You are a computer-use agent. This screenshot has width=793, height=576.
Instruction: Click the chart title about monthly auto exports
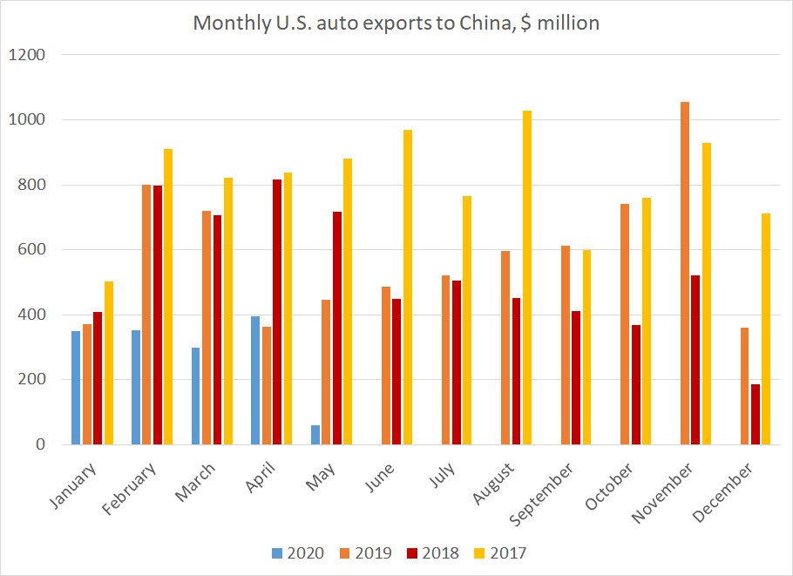pyautogui.click(x=396, y=23)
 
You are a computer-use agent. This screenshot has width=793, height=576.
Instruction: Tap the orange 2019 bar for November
pyautogui.click(x=684, y=273)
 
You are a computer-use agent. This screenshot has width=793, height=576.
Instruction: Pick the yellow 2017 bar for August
pyautogui.click(x=527, y=277)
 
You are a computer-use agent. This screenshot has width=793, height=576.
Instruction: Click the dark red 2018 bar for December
pyautogui.click(x=756, y=414)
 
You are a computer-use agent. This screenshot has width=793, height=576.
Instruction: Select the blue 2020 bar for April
pyautogui.click(x=254, y=380)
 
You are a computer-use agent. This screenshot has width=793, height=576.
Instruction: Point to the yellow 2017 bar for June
pyautogui.click(x=408, y=287)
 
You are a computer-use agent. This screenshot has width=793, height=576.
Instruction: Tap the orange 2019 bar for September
pyautogui.click(x=565, y=345)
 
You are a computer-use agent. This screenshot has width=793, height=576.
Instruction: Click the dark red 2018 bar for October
pyautogui.click(x=636, y=384)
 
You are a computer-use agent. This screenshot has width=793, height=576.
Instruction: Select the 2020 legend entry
pyautogui.click(x=298, y=553)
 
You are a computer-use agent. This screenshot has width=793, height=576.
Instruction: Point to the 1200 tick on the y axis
pyautogui.click(x=27, y=55)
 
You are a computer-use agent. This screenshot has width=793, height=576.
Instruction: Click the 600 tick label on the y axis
pyautogui.click(x=31, y=250)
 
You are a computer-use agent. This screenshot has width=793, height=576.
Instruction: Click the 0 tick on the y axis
pyautogui.click(x=40, y=444)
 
